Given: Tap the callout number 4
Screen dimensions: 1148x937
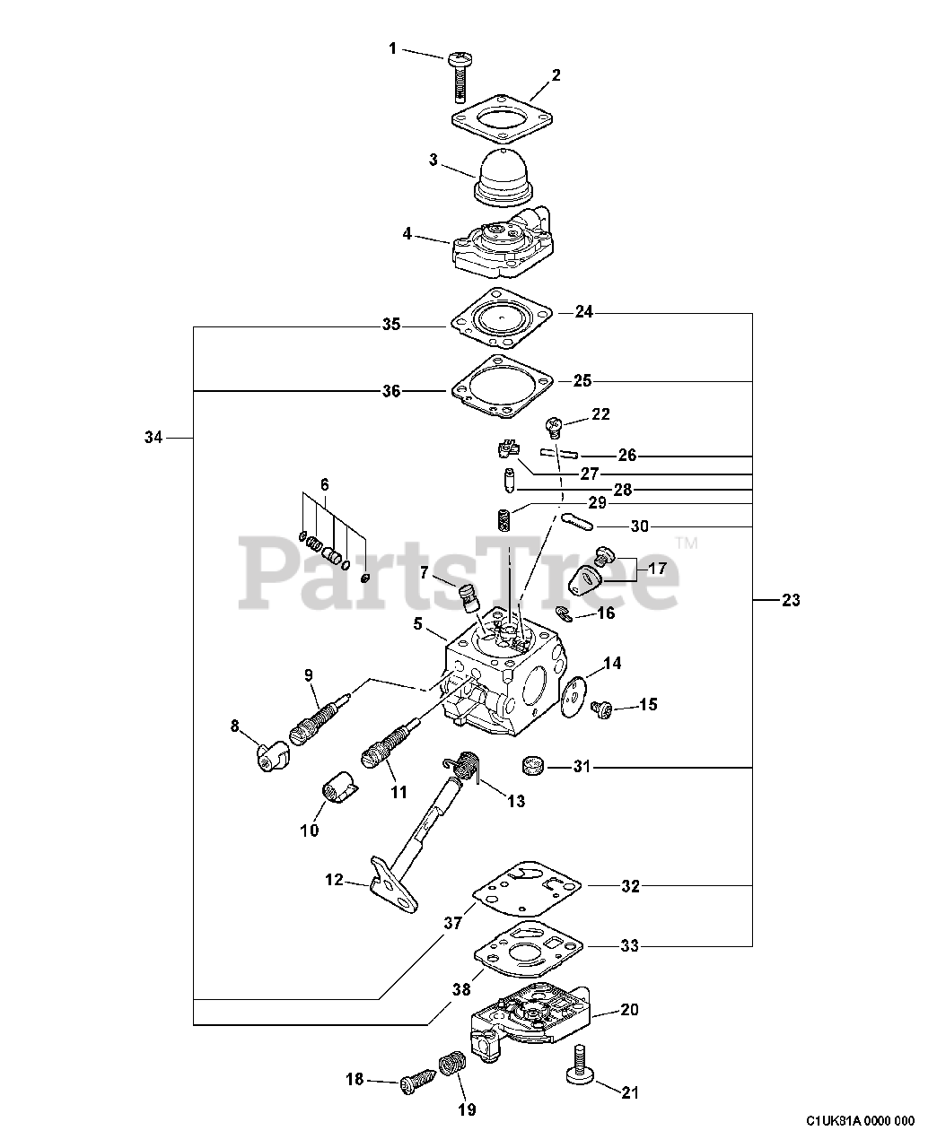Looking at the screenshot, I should pyautogui.click(x=407, y=234).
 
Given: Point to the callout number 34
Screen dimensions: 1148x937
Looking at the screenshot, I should pyautogui.click(x=153, y=438).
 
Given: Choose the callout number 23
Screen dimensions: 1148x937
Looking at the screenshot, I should pyautogui.click(x=790, y=600).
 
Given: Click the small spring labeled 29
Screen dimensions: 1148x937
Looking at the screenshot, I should pyautogui.click(x=504, y=519).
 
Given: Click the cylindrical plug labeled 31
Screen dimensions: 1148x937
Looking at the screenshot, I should pyautogui.click(x=534, y=767).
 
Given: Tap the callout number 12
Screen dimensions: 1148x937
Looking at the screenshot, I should pyautogui.click(x=334, y=881).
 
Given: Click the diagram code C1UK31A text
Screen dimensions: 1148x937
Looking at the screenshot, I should pyautogui.click(x=860, y=1120).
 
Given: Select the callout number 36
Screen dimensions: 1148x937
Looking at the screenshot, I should pyautogui.click(x=390, y=391).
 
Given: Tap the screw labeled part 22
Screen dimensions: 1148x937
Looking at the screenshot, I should pyautogui.click(x=555, y=422).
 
